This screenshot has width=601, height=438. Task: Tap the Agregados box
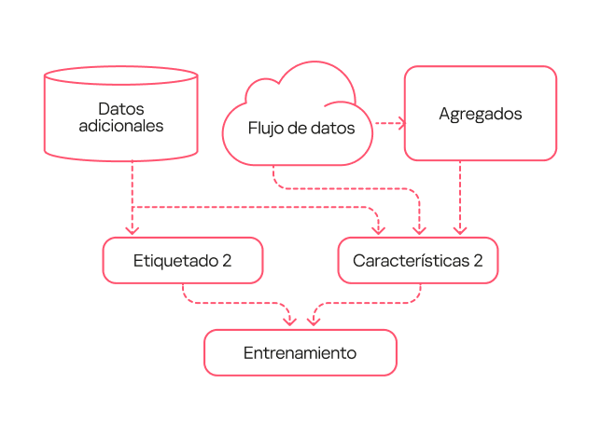pyautogui.click(x=480, y=114)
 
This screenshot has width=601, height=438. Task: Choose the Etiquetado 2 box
pyautogui.click(x=182, y=261)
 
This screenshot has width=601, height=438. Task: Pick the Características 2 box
pyautogui.click(x=417, y=261)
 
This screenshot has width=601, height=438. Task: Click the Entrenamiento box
pyautogui.click(x=300, y=353)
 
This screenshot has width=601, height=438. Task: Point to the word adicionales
pyautogui.click(x=121, y=127)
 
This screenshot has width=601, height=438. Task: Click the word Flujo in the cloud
pyautogui.click(x=265, y=129)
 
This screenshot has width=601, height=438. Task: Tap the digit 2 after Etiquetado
pyautogui.click(x=226, y=261)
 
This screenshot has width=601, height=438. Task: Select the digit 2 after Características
pyautogui.click(x=478, y=261)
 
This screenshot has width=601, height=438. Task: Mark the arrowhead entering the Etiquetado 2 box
pyautogui.click(x=133, y=230)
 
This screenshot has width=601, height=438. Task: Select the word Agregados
pyautogui.click(x=480, y=114)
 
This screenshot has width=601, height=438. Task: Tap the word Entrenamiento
pyautogui.click(x=300, y=353)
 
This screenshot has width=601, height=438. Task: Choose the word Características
pyautogui.click(x=411, y=261)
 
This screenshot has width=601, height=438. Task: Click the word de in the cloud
pyautogui.click(x=300, y=129)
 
